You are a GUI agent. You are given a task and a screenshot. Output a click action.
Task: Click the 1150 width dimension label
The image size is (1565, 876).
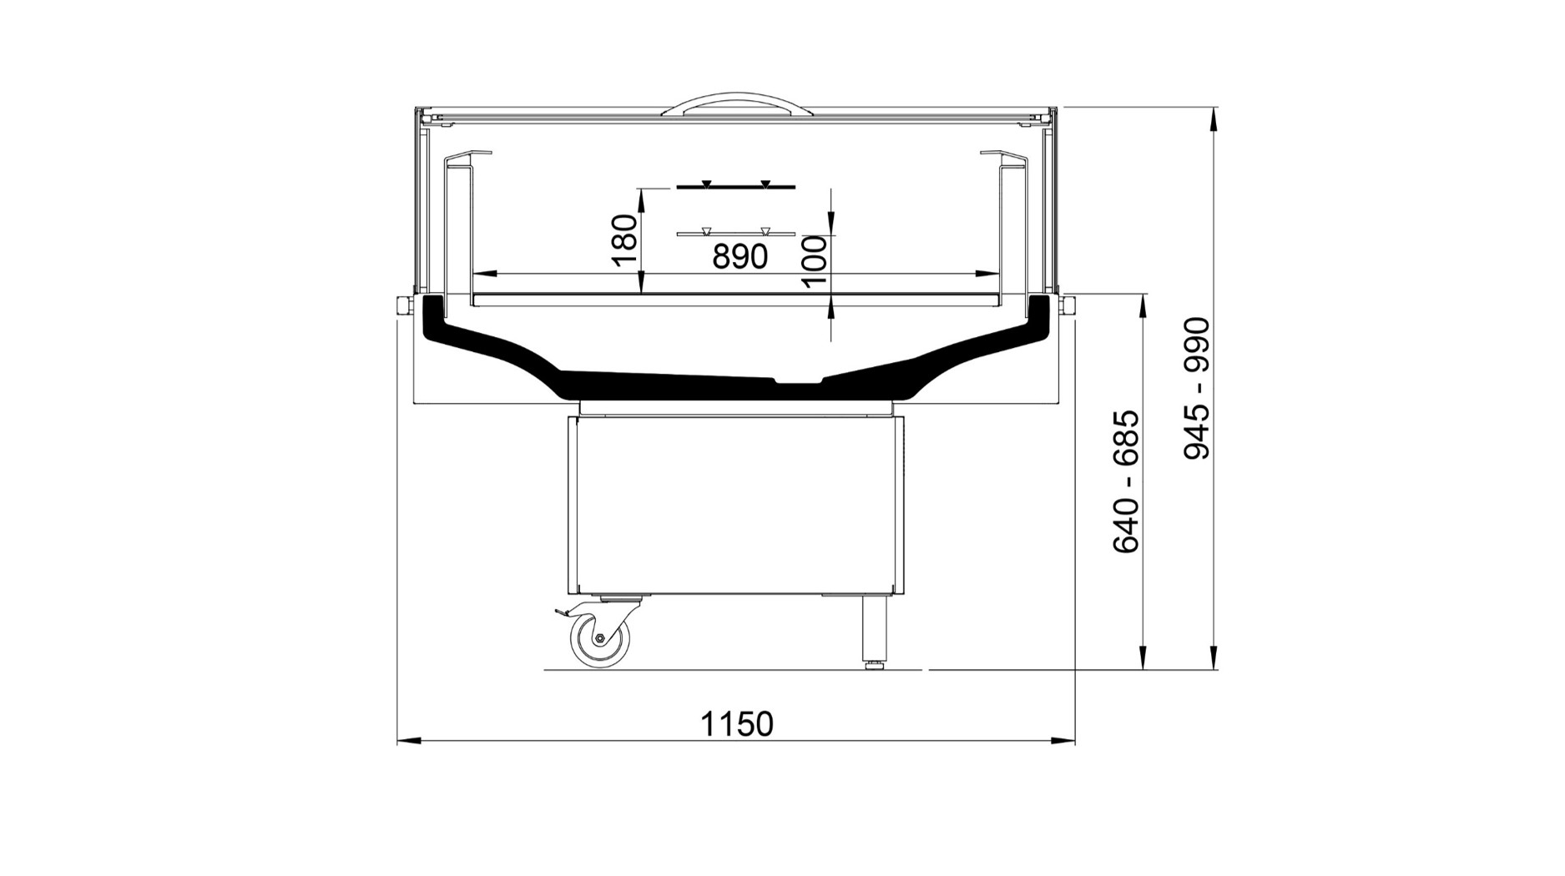[x=737, y=723]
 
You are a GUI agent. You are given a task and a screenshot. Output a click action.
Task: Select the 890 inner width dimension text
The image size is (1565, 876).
[x=740, y=256]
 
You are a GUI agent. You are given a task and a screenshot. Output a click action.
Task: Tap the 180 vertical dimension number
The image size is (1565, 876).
[x=625, y=240]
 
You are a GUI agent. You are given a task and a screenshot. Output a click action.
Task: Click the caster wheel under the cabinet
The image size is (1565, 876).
[x=599, y=639]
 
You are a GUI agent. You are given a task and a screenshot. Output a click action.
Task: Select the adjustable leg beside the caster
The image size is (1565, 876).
[x=874, y=632]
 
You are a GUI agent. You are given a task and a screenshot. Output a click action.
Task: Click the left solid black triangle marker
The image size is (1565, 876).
[x=706, y=183]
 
